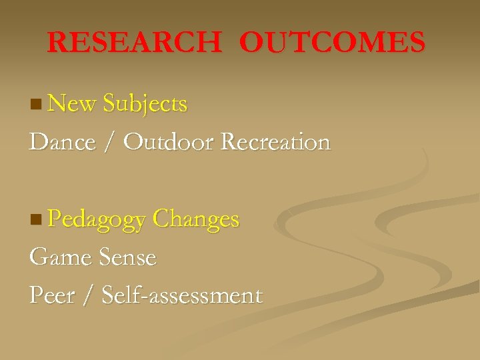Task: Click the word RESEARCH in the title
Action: coord(134,43)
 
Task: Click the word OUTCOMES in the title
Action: coord(332,43)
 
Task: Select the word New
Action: coord(73,104)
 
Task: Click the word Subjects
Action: coord(145,104)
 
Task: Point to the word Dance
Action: coord(62,142)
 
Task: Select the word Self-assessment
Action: coord(182,295)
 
